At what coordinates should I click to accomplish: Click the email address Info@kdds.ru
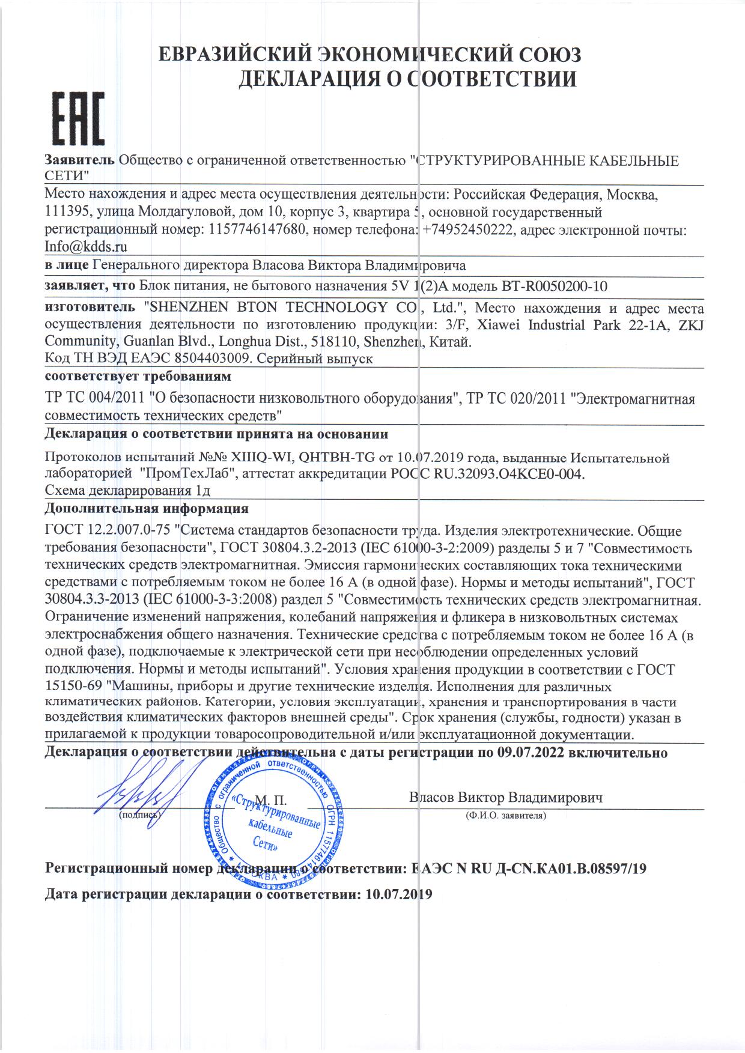point(86,246)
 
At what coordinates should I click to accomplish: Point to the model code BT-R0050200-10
point(557,286)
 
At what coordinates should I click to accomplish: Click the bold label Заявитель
point(80,161)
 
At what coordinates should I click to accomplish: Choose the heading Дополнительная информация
point(147,509)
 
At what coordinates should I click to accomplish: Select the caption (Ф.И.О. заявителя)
point(505,816)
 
